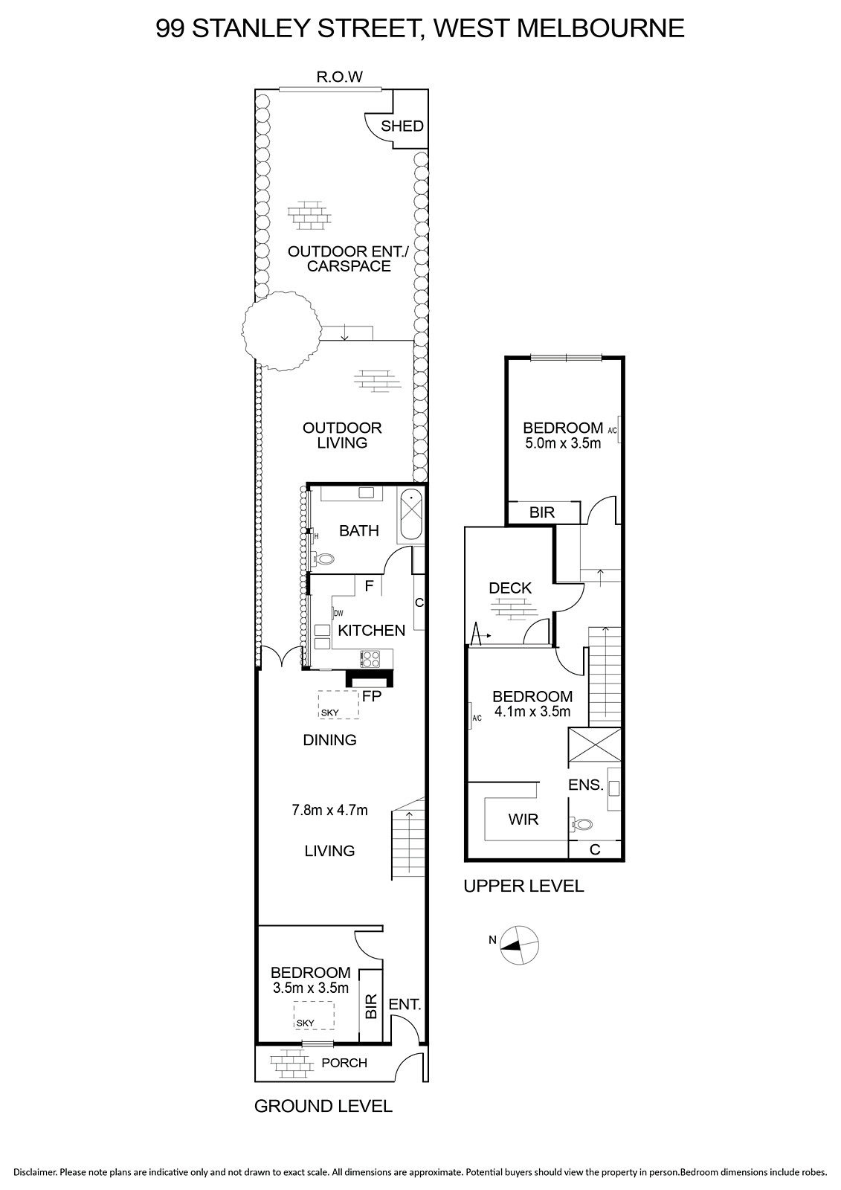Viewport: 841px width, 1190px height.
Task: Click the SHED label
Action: [x=402, y=126]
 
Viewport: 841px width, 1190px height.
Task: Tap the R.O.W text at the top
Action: [x=340, y=77]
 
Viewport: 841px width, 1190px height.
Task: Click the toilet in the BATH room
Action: [x=323, y=559]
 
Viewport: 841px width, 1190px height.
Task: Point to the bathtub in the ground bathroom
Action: [x=411, y=515]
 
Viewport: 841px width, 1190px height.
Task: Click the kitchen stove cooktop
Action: [x=371, y=659]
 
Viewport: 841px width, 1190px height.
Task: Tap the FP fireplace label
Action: [x=372, y=696]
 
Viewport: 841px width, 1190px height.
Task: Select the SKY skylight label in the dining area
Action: [x=330, y=713]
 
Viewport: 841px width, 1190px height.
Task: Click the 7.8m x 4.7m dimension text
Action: [x=330, y=810]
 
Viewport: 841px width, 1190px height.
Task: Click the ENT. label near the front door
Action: [x=405, y=1004]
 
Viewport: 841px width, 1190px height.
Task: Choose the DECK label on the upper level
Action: [x=510, y=588]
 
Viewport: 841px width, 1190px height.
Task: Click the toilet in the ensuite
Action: [x=581, y=825]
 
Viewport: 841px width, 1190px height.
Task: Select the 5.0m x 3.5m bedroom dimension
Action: [x=563, y=443]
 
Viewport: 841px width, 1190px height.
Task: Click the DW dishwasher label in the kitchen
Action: [x=338, y=614]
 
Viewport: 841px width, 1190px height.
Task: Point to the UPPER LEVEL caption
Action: [x=523, y=886]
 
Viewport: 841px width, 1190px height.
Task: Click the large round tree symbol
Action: [x=282, y=330]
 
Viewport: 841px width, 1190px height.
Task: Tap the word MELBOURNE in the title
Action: [x=600, y=28]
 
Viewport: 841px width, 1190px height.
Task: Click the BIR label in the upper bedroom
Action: [x=542, y=512]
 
